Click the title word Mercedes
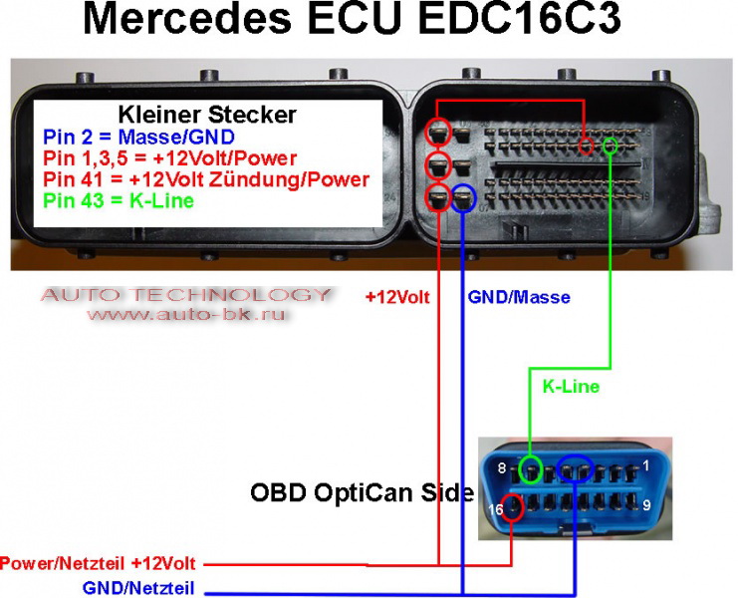tap(187, 19)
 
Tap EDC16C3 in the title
tap(519, 19)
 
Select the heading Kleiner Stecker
tap(207, 115)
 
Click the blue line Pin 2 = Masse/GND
tap(138, 137)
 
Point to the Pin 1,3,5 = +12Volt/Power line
tap(169, 158)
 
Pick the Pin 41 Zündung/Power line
tap(206, 179)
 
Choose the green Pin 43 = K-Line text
tap(119, 200)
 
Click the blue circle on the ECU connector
tap(463, 197)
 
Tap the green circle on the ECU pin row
tap(611, 146)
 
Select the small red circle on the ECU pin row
tap(586, 147)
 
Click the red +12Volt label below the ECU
tap(397, 297)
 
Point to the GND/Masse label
tap(519, 297)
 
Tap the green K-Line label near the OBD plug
tap(571, 386)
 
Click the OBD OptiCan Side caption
tap(362, 492)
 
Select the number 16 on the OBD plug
tap(496, 509)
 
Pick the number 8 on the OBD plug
tap(502, 468)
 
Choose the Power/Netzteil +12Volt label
tap(98, 563)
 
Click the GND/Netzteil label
tap(138, 588)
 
